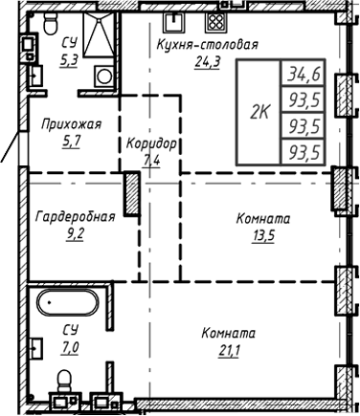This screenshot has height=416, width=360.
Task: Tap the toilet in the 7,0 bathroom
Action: point(64,383)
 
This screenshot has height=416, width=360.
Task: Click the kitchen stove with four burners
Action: point(216,22)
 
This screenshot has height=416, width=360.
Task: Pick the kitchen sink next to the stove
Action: point(175,23)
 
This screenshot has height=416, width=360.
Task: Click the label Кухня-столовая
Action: point(207,45)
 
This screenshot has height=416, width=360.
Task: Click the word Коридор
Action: point(151,143)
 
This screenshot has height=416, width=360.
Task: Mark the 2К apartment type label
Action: point(259,112)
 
